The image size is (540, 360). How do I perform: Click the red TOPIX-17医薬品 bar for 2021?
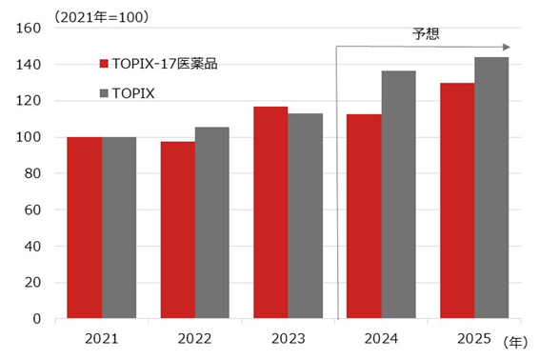(85, 228)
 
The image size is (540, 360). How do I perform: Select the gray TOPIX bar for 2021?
(119, 228)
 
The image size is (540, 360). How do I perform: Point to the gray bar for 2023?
(305, 216)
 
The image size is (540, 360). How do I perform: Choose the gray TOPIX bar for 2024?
(398, 194)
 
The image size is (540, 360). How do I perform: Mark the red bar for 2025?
(457, 201)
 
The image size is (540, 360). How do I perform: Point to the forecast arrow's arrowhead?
(507, 47)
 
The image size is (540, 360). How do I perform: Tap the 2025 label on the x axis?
(474, 337)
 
